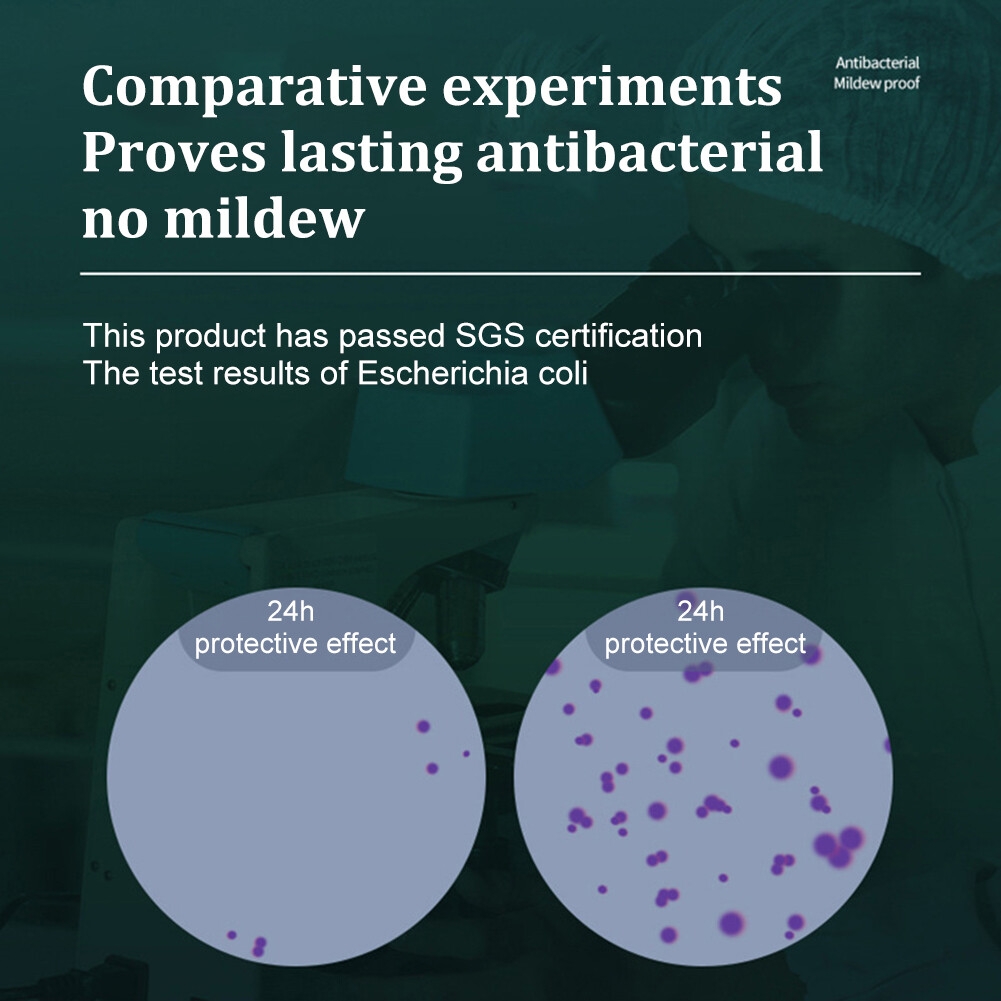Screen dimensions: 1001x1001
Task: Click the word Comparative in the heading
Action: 254,87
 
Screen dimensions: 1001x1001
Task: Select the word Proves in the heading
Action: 174,153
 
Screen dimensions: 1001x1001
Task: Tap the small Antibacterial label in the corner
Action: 877,63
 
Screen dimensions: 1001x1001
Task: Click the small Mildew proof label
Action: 877,83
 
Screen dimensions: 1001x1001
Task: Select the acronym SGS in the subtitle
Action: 490,335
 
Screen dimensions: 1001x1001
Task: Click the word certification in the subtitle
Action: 618,335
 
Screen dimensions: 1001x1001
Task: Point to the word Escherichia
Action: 443,373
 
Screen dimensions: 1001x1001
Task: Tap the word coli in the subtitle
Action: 562,373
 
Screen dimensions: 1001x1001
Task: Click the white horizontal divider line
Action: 500,273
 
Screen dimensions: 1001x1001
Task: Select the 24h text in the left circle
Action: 290,612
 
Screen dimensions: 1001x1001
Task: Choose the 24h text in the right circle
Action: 700,612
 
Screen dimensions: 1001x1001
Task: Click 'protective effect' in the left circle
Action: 295,644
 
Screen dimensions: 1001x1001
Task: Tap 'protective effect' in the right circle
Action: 705,644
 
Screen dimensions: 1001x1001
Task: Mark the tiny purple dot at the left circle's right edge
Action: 466,754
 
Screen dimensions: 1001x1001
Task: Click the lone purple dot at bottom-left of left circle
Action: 232,935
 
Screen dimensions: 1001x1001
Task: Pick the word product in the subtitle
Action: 211,337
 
